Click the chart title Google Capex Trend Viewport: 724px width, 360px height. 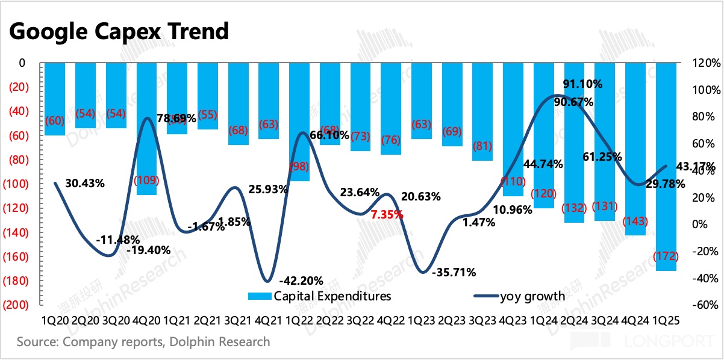pos(119,31)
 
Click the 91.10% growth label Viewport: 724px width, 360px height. pos(582,84)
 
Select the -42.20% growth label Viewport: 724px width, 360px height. pos(301,280)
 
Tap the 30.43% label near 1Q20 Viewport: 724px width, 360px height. pos(84,184)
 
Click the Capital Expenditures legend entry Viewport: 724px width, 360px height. pos(319,296)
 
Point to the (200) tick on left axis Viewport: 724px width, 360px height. pos(19,305)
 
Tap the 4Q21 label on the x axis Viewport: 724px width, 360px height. pos(269,321)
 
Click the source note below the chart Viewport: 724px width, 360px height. pos(143,342)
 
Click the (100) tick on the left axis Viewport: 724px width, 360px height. pos(19,184)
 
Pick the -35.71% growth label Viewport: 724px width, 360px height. pos(454,272)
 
